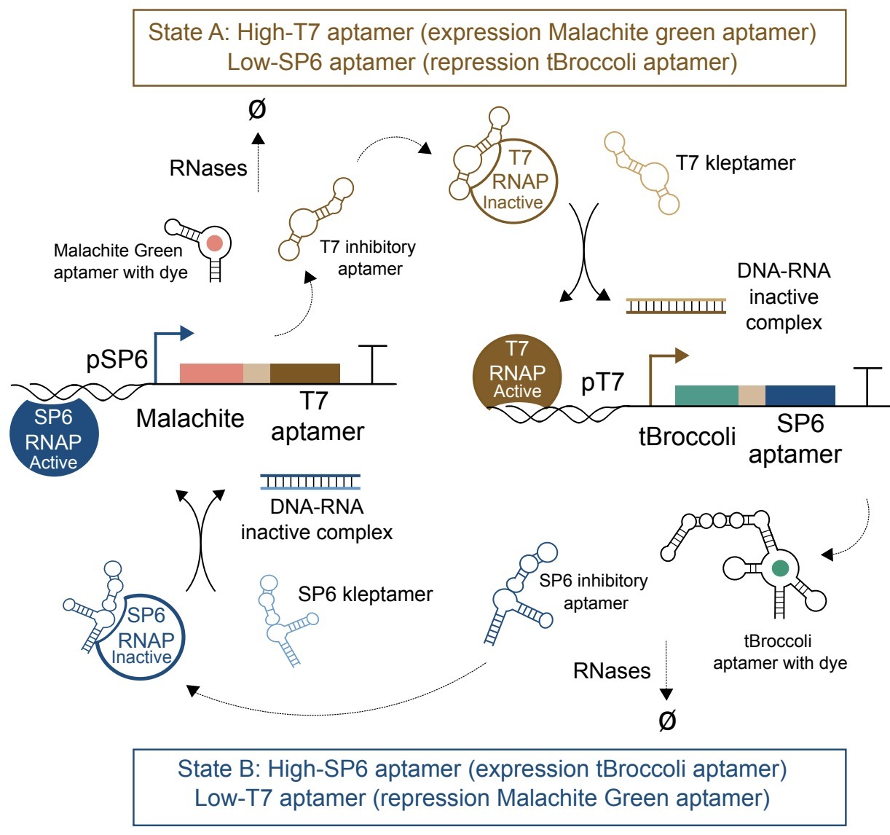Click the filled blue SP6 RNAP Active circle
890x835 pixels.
[54, 436]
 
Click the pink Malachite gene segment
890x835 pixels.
[210, 373]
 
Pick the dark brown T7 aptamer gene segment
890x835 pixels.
[304, 373]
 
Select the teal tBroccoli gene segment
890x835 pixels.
[706, 395]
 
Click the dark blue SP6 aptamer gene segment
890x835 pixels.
[800, 395]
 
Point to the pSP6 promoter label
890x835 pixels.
[117, 359]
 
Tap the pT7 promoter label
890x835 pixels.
[602, 383]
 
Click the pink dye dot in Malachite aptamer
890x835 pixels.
[214, 243]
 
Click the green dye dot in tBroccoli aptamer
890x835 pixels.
[780, 568]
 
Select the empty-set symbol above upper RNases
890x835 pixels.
[257, 110]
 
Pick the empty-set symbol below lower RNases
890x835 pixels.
[666, 720]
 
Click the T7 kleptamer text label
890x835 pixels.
[736, 162]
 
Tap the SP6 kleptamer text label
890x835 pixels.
[365, 595]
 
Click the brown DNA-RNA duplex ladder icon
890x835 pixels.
[676, 305]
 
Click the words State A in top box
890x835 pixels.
[189, 33]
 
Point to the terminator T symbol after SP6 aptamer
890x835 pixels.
[867, 386]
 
